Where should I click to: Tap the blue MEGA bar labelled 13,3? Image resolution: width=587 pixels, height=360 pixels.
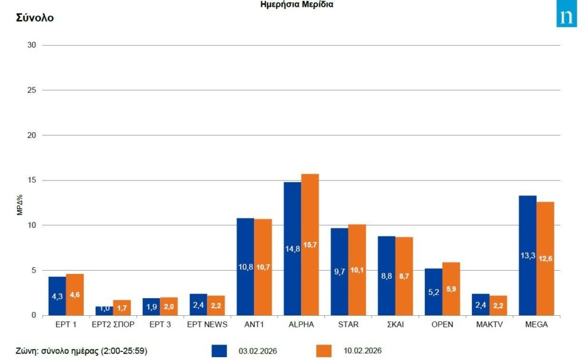point(527,255)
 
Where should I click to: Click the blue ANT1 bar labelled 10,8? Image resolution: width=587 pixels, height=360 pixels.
point(245,267)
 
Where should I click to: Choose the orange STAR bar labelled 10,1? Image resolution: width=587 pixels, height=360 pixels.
point(357,269)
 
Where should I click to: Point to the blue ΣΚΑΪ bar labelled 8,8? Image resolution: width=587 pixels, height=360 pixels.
point(386,275)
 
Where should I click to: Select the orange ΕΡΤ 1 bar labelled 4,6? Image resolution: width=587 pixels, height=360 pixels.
point(75,294)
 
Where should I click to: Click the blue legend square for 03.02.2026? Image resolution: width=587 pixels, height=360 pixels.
point(219,350)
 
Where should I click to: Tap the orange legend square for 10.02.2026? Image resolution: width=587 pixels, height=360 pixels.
point(324,350)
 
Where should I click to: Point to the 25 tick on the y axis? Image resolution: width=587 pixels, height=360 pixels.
point(32,91)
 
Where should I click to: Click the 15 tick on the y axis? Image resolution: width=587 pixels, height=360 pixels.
point(32,181)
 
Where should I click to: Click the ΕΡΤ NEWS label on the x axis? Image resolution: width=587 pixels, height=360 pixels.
point(208,325)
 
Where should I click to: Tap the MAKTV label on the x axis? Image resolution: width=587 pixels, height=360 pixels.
point(490,325)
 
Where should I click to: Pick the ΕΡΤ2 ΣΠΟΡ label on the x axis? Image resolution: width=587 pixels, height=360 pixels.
point(113,325)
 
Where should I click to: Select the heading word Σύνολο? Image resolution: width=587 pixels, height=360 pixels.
point(35,18)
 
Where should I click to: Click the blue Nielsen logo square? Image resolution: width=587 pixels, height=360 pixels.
point(566,17)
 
